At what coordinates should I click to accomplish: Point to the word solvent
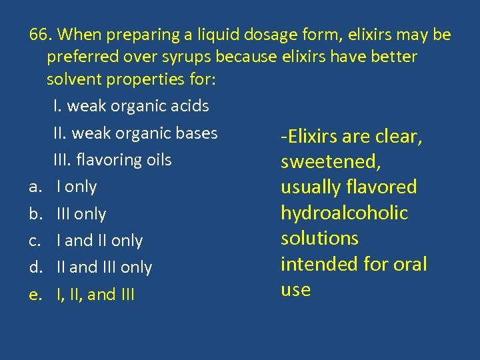click(75, 79)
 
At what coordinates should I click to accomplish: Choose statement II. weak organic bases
click(135, 133)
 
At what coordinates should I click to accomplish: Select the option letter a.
click(34, 187)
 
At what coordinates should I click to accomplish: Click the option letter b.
click(34, 214)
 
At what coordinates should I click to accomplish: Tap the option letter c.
click(34, 241)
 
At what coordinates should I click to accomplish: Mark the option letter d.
click(34, 267)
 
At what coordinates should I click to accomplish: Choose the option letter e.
click(34, 294)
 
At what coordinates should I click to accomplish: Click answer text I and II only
click(100, 241)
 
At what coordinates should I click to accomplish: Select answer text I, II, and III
click(96, 294)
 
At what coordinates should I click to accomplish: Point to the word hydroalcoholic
click(344, 213)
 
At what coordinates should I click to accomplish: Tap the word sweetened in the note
click(323, 162)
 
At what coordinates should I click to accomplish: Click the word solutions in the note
click(319, 239)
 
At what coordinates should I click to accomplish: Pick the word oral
click(408, 264)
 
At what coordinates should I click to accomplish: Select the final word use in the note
click(295, 290)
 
